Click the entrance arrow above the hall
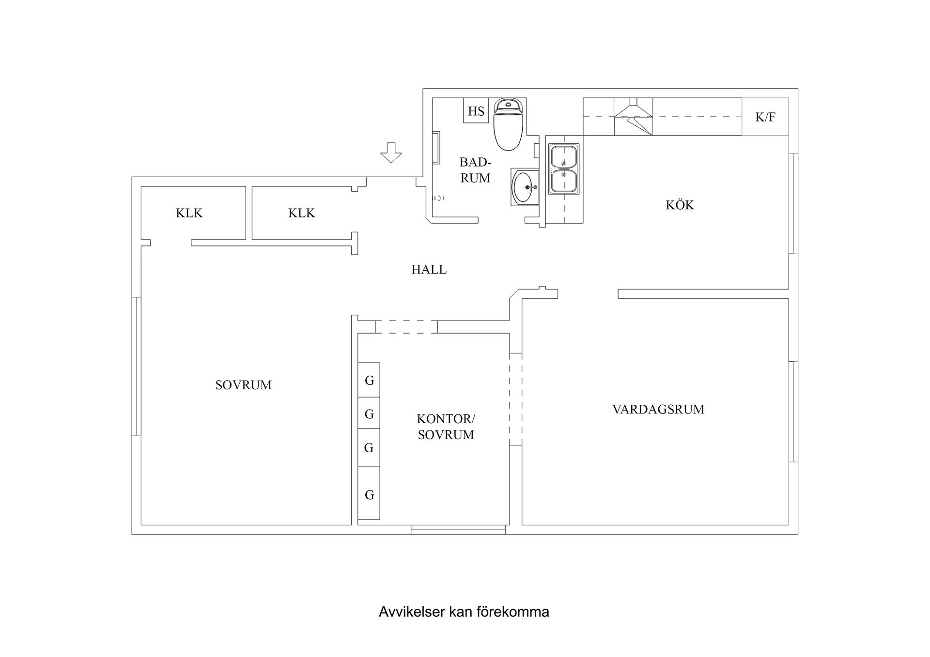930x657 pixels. (x=391, y=153)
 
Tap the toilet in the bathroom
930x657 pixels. (x=509, y=125)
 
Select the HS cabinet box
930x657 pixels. (x=476, y=111)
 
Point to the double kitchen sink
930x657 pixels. (x=563, y=169)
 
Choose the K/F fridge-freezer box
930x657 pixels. (x=765, y=117)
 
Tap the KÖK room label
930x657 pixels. (x=680, y=205)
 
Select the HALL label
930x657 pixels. (x=429, y=270)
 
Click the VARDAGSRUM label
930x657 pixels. (x=658, y=410)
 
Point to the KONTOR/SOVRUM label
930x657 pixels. (x=446, y=427)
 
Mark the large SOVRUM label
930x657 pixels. (x=243, y=385)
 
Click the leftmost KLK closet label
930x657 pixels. (x=189, y=213)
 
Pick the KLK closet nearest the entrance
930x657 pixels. (x=301, y=213)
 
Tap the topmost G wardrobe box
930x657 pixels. (x=369, y=381)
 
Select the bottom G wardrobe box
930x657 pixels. (x=369, y=495)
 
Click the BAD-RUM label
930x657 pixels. (x=475, y=170)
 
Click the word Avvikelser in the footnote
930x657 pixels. (x=412, y=612)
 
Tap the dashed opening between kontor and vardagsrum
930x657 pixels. (x=515, y=399)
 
